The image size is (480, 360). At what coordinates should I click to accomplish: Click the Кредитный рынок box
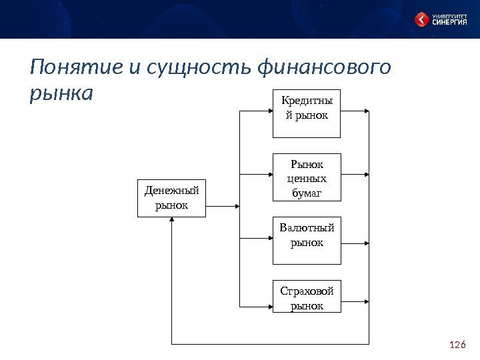tap(307, 113)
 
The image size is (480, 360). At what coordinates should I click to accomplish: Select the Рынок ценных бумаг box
tap(307, 176)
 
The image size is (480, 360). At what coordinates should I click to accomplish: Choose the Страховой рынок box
tap(307, 297)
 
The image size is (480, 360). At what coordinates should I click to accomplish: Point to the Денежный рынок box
tap(171, 198)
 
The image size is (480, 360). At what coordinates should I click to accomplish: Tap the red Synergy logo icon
tap(422, 19)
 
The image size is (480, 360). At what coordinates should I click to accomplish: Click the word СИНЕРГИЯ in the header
tap(451, 23)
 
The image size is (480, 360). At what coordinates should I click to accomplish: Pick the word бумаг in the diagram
tap(307, 193)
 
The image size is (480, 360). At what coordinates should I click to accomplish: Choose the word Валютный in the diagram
tap(307, 230)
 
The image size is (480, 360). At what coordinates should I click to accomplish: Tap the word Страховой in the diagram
tap(307, 292)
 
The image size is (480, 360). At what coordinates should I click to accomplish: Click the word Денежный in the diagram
tap(171, 192)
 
